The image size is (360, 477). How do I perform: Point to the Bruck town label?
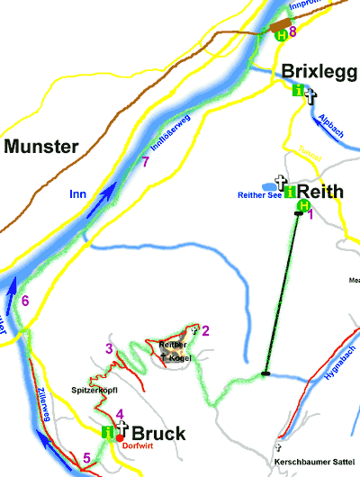[158, 433]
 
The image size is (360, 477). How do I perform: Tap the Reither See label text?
[260, 193]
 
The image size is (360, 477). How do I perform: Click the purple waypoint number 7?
[146, 162]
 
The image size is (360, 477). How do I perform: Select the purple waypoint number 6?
[25, 301]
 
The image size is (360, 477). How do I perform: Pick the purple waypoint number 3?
[109, 348]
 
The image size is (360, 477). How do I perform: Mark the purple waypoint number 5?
[86, 458]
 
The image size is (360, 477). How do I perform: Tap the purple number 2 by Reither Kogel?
[205, 330]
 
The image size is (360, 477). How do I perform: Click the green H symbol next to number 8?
[281, 34]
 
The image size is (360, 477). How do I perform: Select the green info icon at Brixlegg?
[298, 89]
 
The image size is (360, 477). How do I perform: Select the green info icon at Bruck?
[109, 432]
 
